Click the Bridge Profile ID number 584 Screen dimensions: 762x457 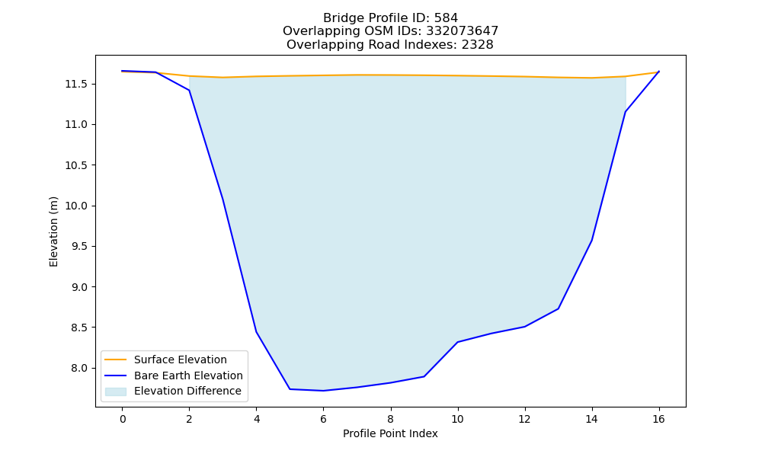click(x=446, y=18)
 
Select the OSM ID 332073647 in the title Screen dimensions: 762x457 click(x=463, y=31)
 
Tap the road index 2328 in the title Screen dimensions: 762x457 click(x=477, y=45)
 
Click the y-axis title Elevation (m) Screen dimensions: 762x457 click(x=53, y=232)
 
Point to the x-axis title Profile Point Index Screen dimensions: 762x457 click(x=390, y=433)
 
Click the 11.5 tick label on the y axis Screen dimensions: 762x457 click(x=76, y=85)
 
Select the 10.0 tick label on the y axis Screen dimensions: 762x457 click(x=76, y=206)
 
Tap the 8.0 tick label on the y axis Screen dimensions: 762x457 click(x=79, y=368)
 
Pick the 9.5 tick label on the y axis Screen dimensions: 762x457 click(x=79, y=247)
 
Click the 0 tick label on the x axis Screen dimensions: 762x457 click(x=123, y=419)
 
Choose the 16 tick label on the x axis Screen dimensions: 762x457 click(x=658, y=419)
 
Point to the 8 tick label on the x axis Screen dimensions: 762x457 click(x=390, y=419)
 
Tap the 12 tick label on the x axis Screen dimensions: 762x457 click(x=524, y=419)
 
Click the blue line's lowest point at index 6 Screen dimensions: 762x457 click(x=323, y=391)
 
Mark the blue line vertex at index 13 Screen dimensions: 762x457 click(x=558, y=308)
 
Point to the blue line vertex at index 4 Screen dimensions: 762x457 click(x=256, y=331)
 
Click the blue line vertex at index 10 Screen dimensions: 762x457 click(x=457, y=342)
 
